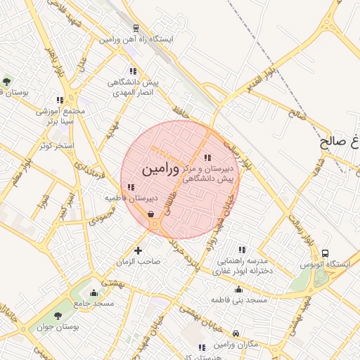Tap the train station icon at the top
coord(135,28)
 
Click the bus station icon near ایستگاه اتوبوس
coord(325,253)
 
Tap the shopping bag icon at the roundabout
coord(151,215)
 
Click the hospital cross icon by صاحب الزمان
coord(137,250)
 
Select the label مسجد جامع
coord(94,303)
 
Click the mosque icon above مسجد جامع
coord(94,292)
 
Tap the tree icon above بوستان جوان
coord(58,316)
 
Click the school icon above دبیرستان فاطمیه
coord(131,187)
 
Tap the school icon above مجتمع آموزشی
coord(60,100)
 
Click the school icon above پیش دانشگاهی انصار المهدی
coord(133,71)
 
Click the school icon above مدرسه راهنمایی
coord(242,250)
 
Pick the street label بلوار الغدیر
coord(261,79)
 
